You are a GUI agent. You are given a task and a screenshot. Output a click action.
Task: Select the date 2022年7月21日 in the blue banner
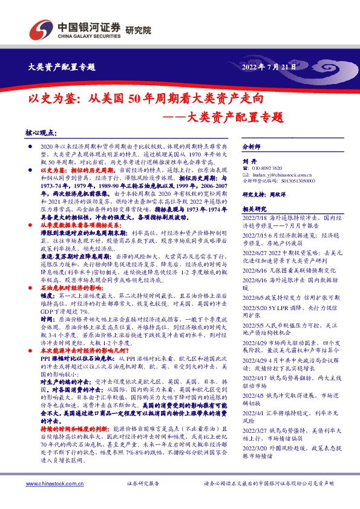pos(269,66)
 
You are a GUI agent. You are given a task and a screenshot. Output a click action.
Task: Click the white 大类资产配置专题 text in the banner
pos(62,66)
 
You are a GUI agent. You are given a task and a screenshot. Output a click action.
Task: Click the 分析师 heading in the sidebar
pos(250,148)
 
